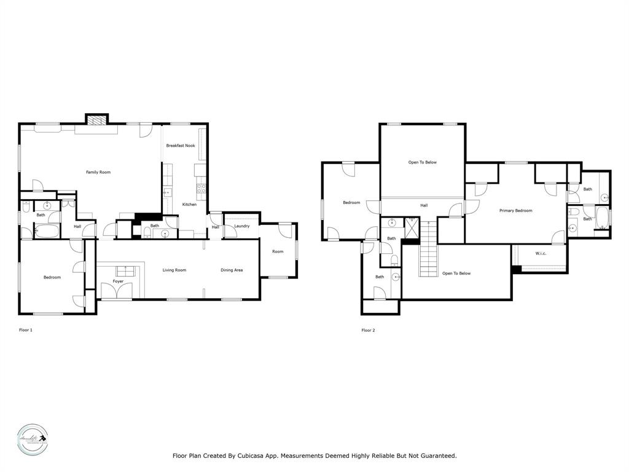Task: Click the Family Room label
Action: (98, 172)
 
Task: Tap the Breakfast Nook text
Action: (181, 146)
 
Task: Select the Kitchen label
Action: (189, 205)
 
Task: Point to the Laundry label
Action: (241, 226)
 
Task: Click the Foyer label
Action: (118, 281)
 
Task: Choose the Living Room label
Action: (174, 270)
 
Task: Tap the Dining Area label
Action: (232, 270)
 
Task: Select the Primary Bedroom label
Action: (515, 211)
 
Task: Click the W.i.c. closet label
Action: (541, 253)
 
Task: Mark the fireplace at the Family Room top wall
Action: (96, 121)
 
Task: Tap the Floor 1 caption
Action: (26, 330)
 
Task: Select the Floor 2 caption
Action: (368, 330)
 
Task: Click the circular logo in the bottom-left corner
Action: (32, 438)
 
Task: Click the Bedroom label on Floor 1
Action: (52, 277)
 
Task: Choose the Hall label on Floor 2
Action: (424, 205)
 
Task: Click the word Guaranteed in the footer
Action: (435, 456)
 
